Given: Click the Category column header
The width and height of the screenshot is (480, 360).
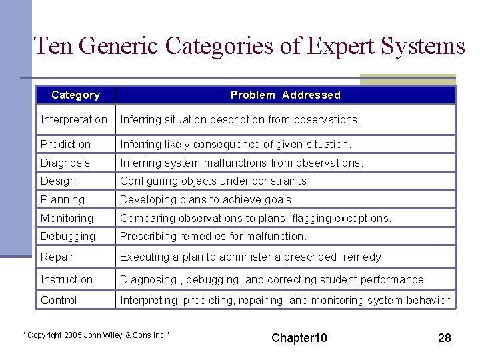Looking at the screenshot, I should coord(75,95).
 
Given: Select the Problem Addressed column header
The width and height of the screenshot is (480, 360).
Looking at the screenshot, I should coord(285,95).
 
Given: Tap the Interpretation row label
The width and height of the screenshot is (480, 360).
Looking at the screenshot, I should coord(74,120).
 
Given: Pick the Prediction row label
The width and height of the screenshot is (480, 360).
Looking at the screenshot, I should coord(65,144).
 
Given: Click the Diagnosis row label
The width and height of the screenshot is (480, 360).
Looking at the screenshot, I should coord(65,163).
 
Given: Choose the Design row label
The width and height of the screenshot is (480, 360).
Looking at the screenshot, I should coord(59,181).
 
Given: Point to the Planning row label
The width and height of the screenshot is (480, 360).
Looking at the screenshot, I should coord(63,199).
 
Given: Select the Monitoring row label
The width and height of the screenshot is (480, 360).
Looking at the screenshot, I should coord(67,218).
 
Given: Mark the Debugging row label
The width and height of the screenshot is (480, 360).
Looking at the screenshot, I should coord(68,236).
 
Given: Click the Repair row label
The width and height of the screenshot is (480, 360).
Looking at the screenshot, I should coord(57,257).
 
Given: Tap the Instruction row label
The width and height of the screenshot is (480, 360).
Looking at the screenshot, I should coord(67,279).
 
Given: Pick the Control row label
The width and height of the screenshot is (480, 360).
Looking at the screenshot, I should coord(59,300).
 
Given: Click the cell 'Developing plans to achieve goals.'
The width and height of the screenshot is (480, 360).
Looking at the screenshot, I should coord(207,199).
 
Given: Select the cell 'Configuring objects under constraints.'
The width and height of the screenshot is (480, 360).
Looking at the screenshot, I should coord(215,181).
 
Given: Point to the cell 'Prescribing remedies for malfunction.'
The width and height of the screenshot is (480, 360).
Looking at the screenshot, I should coord(213,236).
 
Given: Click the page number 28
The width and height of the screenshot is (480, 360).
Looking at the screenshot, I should coord(445,338).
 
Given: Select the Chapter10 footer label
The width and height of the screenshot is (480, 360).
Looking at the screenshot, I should coord(299,338).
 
